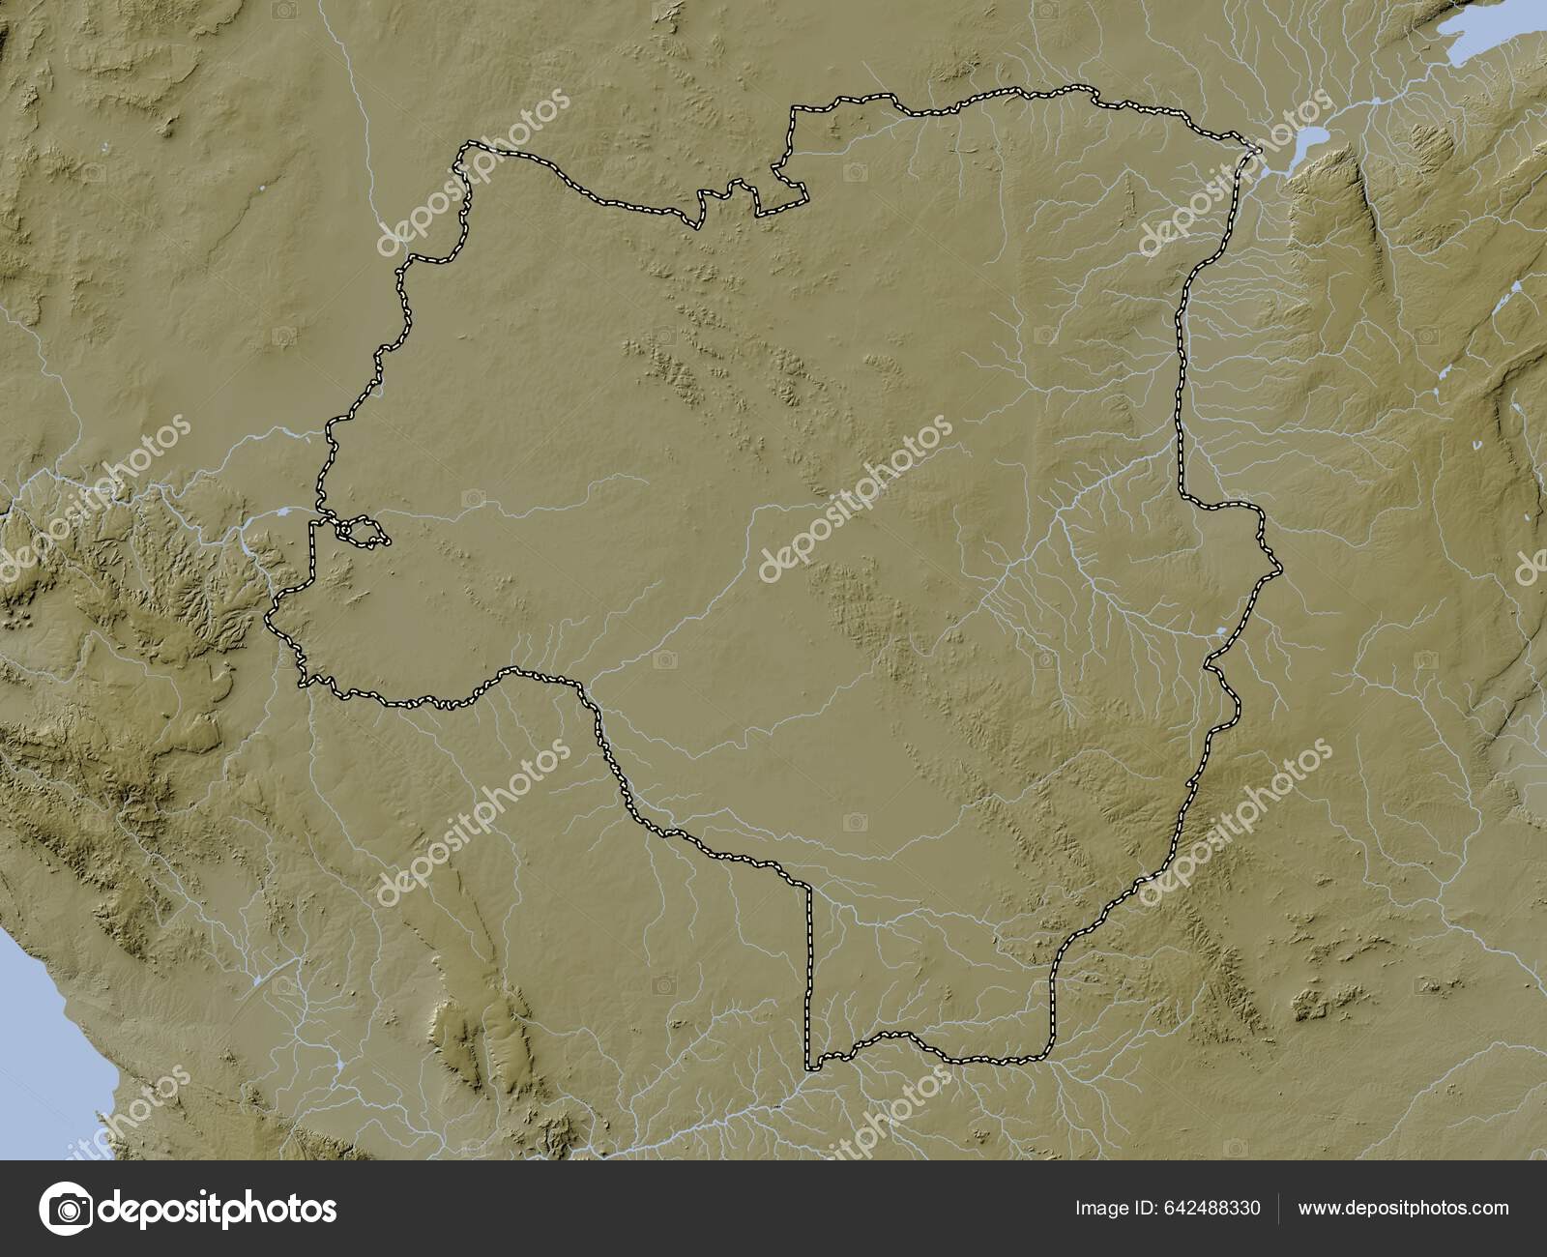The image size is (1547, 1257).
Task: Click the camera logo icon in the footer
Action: (x=66, y=1209)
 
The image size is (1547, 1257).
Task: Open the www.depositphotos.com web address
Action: (x=1403, y=1208)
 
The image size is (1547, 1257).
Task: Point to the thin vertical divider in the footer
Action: (x=1279, y=1208)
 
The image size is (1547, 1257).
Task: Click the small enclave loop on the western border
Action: (x=363, y=531)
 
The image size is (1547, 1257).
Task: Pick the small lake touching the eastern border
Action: (x=1220, y=633)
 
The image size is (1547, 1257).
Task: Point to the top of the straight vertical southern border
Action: (x=810, y=885)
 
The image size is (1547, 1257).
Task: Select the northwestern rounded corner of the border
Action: (x=466, y=147)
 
